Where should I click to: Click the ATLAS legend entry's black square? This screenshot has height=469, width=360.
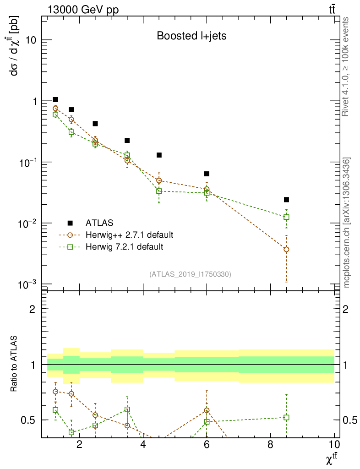pos(70,223)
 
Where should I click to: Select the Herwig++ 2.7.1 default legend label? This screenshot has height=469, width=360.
pos(129,235)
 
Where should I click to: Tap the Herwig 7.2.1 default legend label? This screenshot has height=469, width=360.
pos(125,247)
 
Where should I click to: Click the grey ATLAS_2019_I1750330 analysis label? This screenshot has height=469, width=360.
pos(190,274)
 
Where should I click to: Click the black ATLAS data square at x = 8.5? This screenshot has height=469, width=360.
pos(286,200)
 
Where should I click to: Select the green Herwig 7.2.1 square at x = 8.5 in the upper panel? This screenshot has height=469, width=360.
pos(286,217)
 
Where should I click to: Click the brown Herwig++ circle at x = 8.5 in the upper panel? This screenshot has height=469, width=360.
pos(286,249)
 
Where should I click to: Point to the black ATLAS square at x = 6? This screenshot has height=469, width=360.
pos(207,174)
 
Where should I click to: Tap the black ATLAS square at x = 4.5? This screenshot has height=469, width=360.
pos(159,155)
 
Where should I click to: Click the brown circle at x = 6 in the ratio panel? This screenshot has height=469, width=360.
pos(207,410)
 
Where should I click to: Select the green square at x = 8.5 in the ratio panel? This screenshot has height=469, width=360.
pos(286,417)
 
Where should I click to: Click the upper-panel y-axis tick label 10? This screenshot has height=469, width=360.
pos(31,40)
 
